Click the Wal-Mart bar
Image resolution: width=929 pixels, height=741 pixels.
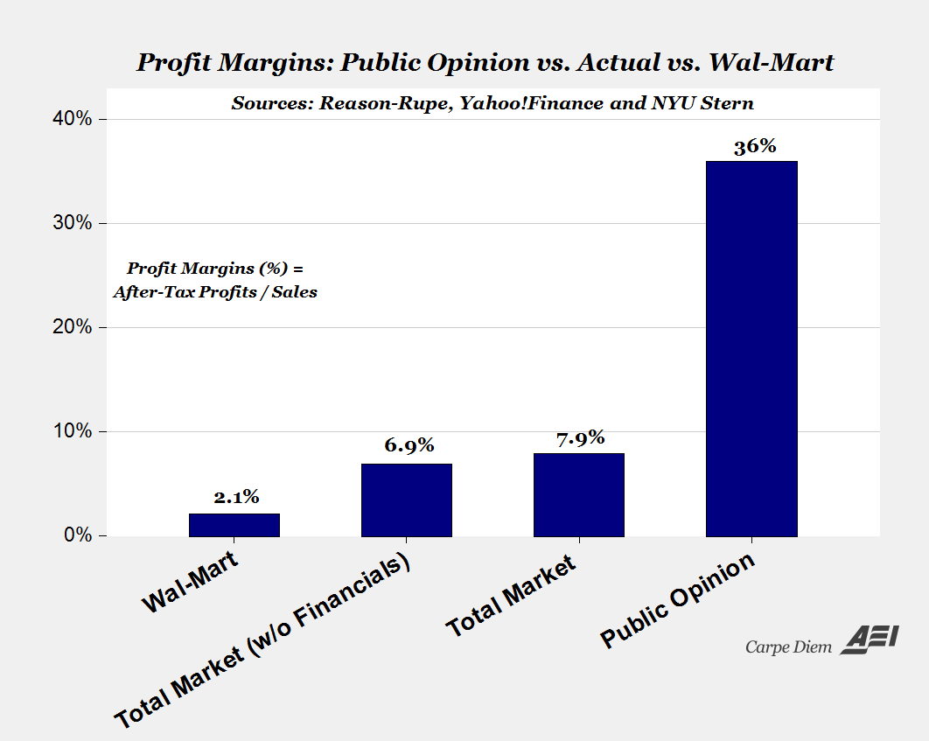tap(234, 525)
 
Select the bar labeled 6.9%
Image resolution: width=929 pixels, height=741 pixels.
tap(407, 500)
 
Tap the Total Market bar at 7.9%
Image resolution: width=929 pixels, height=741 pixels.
tap(578, 494)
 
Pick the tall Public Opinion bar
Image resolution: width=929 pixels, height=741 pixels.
tap(751, 348)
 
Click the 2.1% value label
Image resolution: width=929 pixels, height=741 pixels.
tap(236, 497)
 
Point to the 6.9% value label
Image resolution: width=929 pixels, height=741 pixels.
tap(409, 444)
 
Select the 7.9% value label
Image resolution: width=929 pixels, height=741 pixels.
tap(580, 437)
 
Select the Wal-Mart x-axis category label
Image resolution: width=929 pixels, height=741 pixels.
tap(192, 582)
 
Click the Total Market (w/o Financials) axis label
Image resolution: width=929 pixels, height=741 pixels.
tap(263, 640)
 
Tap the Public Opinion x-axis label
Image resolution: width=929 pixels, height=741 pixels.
tap(677, 601)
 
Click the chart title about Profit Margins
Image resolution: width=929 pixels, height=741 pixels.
tap(485, 63)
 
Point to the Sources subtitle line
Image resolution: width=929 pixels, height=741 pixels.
tap(492, 102)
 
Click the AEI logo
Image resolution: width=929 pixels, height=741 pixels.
tap(870, 640)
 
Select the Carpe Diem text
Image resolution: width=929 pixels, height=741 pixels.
tap(789, 647)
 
